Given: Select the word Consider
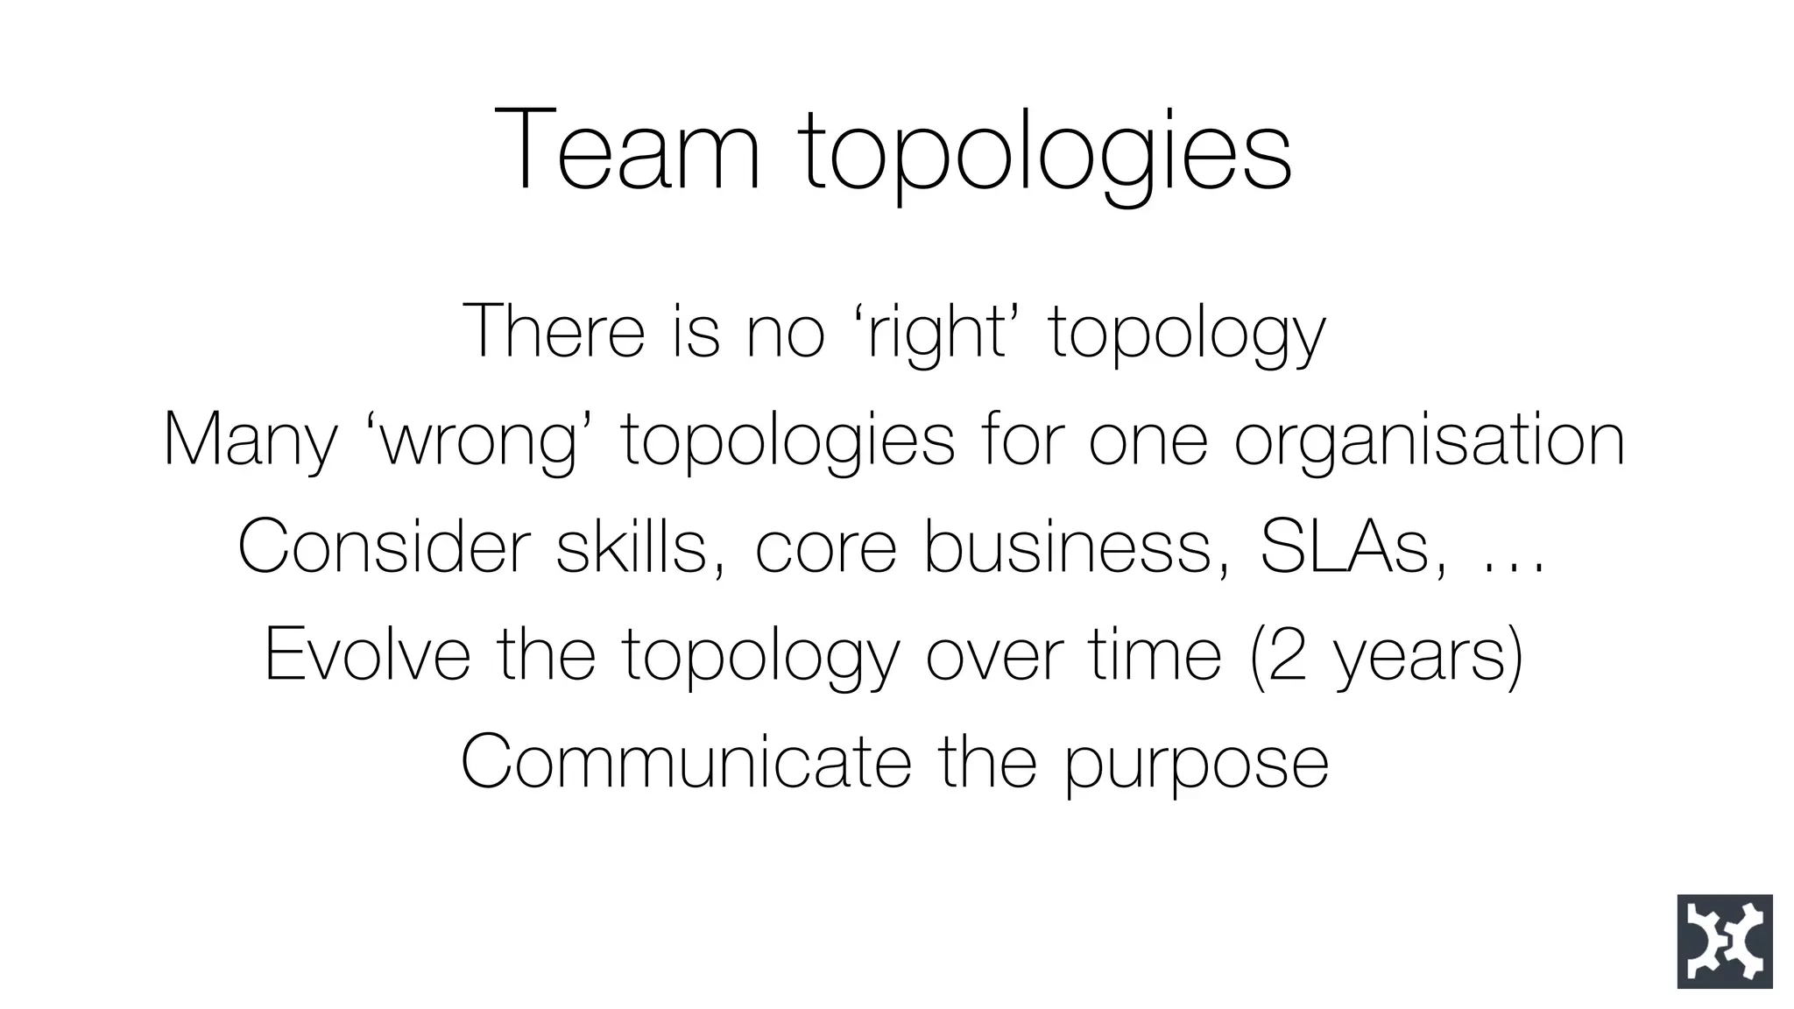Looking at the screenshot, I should tap(384, 547).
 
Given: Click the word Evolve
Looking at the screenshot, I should tap(367, 654).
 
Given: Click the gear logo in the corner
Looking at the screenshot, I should tap(1724, 942).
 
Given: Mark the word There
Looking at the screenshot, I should tap(553, 331).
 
